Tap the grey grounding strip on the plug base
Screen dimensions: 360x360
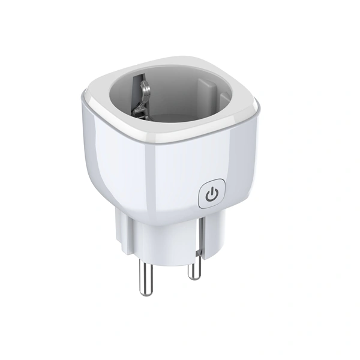tap(202, 231)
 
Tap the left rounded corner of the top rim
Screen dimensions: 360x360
tap(90, 99)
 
